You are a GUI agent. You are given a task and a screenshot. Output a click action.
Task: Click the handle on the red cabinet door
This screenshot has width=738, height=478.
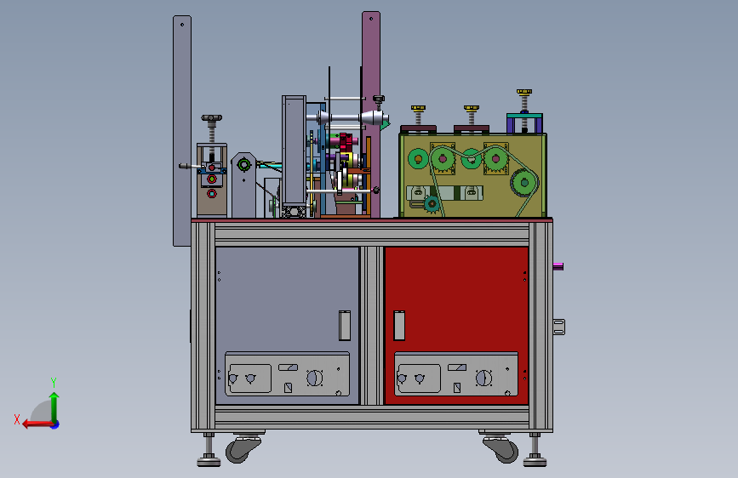(399, 325)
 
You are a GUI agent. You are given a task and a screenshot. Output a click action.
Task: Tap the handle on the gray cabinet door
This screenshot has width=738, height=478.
(345, 325)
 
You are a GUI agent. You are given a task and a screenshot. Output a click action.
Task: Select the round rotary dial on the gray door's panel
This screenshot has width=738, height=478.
(314, 378)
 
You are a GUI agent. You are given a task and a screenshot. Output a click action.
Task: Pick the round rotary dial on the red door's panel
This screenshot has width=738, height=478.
(483, 378)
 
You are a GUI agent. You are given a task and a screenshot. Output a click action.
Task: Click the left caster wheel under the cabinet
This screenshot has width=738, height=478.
(243, 448)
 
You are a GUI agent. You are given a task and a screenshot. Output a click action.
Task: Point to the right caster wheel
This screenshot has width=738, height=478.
(501, 448)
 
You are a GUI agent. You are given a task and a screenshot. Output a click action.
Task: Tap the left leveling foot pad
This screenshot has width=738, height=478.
(209, 461)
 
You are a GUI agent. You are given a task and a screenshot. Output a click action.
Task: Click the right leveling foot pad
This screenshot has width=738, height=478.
(535, 461)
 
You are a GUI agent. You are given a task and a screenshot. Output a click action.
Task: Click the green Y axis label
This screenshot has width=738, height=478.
(54, 382)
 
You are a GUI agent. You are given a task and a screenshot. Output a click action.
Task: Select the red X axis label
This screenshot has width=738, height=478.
(17, 419)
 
